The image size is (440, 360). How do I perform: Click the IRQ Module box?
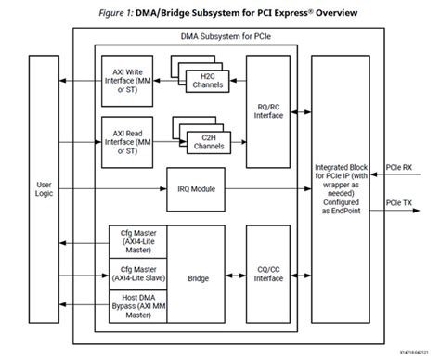tap(196, 188)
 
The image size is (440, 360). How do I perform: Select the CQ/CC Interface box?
tap(268, 275)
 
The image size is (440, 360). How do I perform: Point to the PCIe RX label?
tap(413, 169)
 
